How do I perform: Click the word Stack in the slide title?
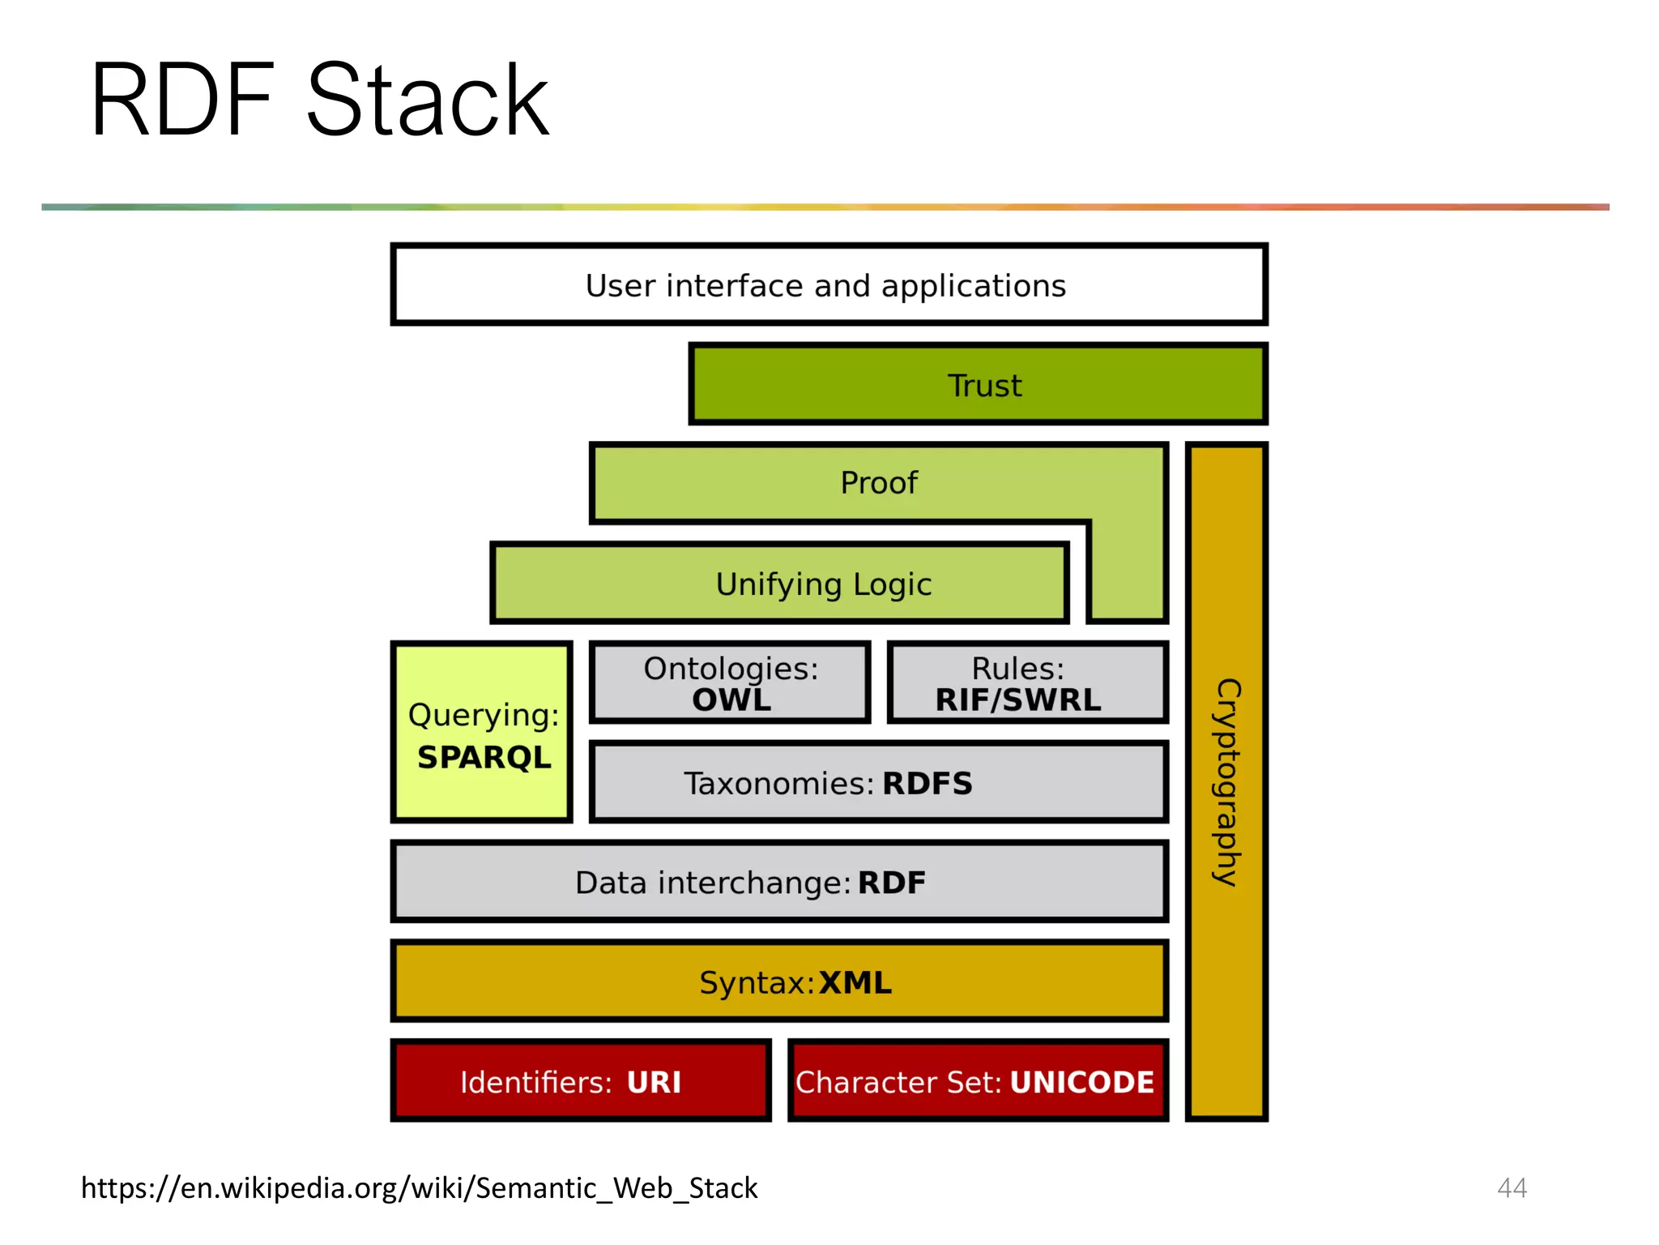tap(428, 101)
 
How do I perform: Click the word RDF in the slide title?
tap(182, 101)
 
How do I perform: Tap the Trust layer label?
tap(984, 386)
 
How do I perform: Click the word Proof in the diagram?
tap(879, 483)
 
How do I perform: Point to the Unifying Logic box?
tap(823, 584)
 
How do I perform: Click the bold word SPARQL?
tap(484, 757)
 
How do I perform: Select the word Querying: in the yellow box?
tap(484, 715)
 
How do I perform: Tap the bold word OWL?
tap(731, 700)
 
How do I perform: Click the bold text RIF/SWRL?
tap(1018, 700)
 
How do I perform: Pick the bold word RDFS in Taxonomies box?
tap(927, 784)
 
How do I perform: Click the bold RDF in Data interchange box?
tap(891, 883)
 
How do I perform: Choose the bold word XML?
tap(855, 982)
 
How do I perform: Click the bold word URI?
tap(654, 1082)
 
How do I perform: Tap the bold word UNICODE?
tap(1081, 1082)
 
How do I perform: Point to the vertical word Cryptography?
tap(1227, 782)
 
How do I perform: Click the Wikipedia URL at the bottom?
tap(419, 1187)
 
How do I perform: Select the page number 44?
tap(1512, 1187)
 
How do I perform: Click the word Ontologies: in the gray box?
tap(731, 669)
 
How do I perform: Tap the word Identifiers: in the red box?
tap(535, 1082)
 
